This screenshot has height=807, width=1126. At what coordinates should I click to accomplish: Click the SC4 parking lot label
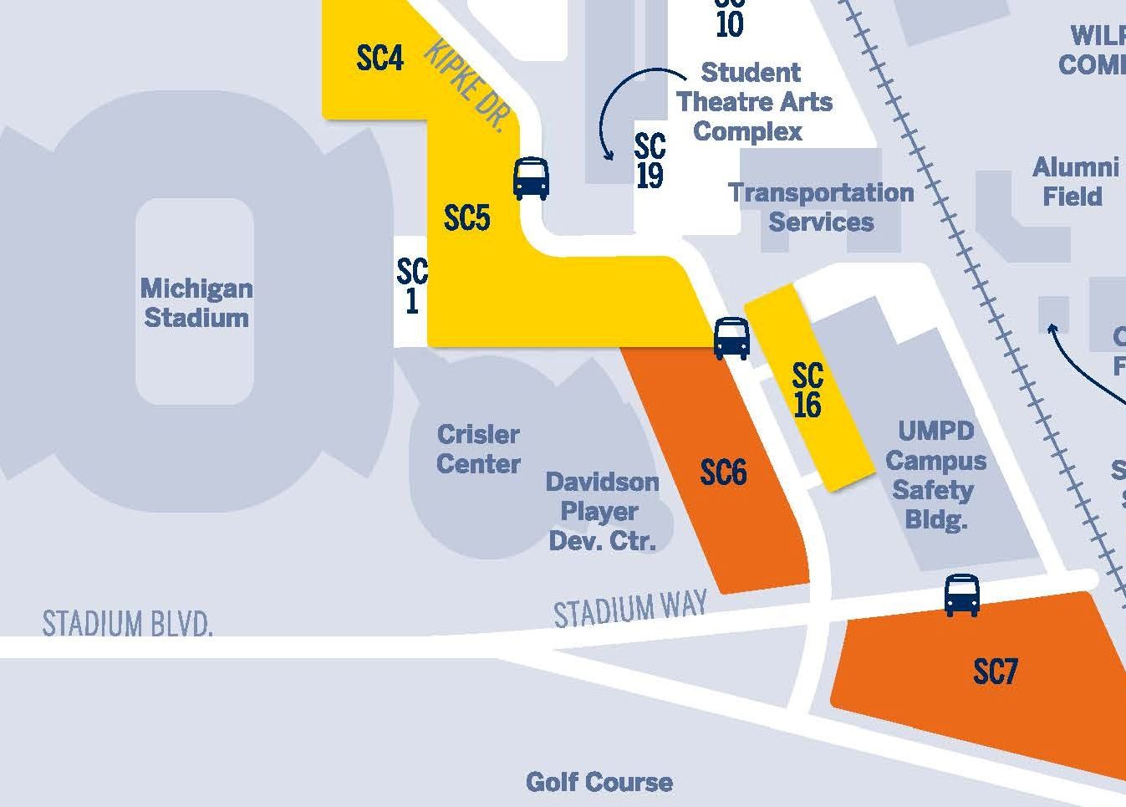pos(380,59)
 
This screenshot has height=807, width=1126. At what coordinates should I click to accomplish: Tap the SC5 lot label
pos(466,218)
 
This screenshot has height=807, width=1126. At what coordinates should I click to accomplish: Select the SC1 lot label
pos(411,286)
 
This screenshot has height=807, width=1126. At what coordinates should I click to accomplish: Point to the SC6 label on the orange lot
pos(723,473)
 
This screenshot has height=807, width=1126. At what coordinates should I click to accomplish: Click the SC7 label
pos(995,672)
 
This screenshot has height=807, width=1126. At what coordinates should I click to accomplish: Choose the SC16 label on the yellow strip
pos(808,391)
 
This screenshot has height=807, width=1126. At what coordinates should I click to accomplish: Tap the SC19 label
pos(650,161)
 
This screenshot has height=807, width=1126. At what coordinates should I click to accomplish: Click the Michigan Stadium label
pos(196,303)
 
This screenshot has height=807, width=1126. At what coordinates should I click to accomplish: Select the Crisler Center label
pos(478,449)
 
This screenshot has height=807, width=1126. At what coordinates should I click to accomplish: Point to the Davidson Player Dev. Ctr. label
pos(602,511)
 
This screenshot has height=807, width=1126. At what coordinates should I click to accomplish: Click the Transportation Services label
pos(821,207)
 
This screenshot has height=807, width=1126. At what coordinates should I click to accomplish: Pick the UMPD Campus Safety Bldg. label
pos(935,475)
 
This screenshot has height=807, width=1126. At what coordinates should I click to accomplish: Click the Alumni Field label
pos(1074,181)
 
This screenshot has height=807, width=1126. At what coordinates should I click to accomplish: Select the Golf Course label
pos(599,782)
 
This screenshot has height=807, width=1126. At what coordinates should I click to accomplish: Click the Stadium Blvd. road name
pos(127,624)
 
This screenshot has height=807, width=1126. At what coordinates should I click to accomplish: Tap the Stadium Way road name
pos(630,608)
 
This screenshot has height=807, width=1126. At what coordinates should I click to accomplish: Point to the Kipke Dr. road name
pos(467,86)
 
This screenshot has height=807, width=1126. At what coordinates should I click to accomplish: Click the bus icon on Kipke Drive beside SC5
pos(531,178)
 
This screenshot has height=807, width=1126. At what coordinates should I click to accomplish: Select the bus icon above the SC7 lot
pos(961,595)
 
